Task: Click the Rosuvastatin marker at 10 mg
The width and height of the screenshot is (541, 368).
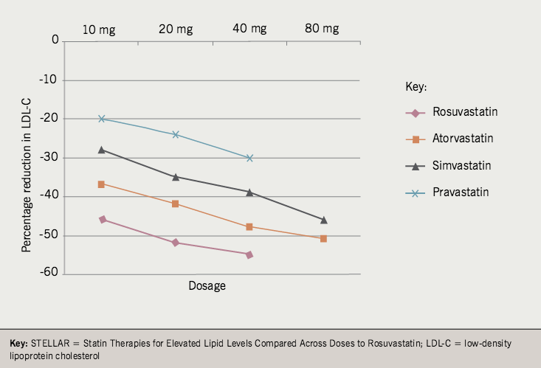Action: coord(102,219)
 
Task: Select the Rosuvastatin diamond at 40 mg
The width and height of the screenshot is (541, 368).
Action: coord(249,254)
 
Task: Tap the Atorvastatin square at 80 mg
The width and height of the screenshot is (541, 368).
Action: coord(323,239)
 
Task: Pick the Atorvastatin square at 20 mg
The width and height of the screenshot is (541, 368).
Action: coord(176,204)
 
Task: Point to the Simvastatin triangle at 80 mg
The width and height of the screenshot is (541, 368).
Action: coord(323,220)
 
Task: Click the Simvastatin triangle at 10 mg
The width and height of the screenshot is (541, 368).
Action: coord(102,150)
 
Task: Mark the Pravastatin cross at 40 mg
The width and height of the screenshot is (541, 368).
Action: coord(249,158)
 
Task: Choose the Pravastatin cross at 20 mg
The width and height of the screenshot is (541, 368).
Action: coord(176,134)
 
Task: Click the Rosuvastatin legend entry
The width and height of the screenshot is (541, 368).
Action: coord(465,112)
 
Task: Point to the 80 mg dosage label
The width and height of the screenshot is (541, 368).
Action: coord(322,29)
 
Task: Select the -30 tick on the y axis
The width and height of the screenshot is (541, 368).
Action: coord(49,158)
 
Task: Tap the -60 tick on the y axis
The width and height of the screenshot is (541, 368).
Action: coord(49,274)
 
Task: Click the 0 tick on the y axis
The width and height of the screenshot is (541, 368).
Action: coord(55,41)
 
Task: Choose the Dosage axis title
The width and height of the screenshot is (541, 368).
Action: coord(206,285)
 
